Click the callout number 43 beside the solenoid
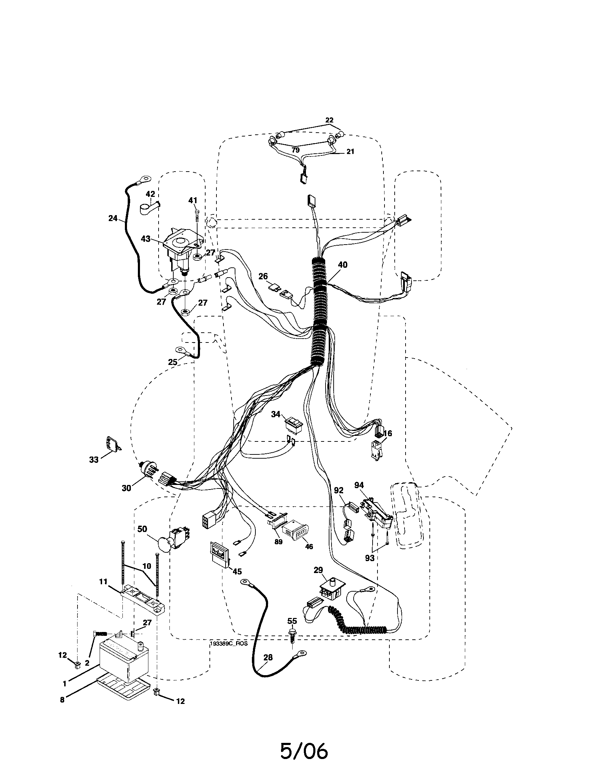pos(146,239)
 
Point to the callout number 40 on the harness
pos(342,265)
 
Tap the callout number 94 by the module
pos(359,485)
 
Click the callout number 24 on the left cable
pos(113,218)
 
